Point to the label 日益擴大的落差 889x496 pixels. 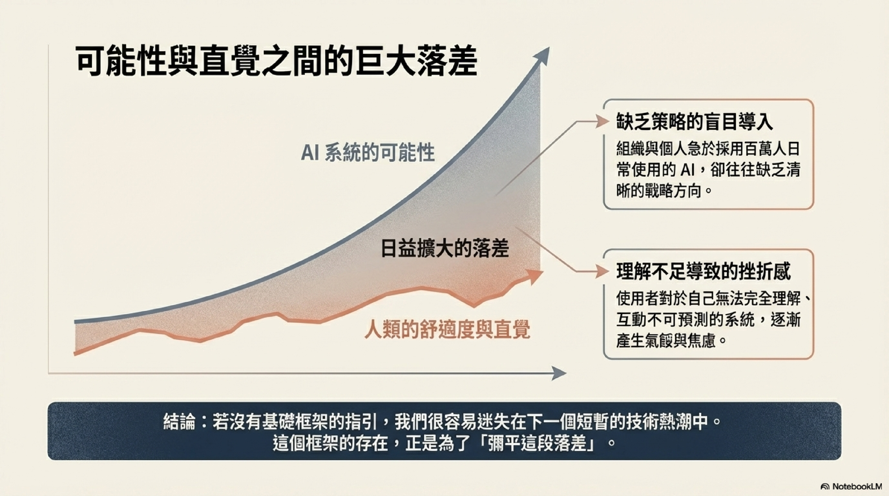click(445, 248)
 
